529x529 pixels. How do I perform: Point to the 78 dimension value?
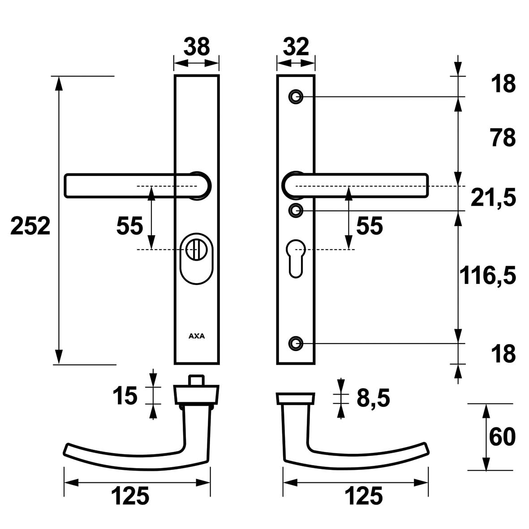click(503, 138)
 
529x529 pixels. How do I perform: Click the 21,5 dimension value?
click(493, 198)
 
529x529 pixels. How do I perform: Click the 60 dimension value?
click(502, 437)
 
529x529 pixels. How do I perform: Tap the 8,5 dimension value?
click(373, 398)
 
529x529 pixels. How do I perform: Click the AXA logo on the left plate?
click(196, 336)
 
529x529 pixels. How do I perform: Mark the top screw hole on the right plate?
click(295, 96)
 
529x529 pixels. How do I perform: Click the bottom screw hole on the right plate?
click(295, 343)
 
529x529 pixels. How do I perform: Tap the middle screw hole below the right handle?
click(295, 210)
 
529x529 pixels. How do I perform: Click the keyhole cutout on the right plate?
click(296, 256)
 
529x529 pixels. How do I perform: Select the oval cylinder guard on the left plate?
click(197, 258)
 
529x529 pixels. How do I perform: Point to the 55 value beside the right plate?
click(369, 226)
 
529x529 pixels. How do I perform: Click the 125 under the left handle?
click(130, 496)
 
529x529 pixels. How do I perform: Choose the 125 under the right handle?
click(364, 496)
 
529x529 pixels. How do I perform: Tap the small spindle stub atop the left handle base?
click(195, 380)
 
